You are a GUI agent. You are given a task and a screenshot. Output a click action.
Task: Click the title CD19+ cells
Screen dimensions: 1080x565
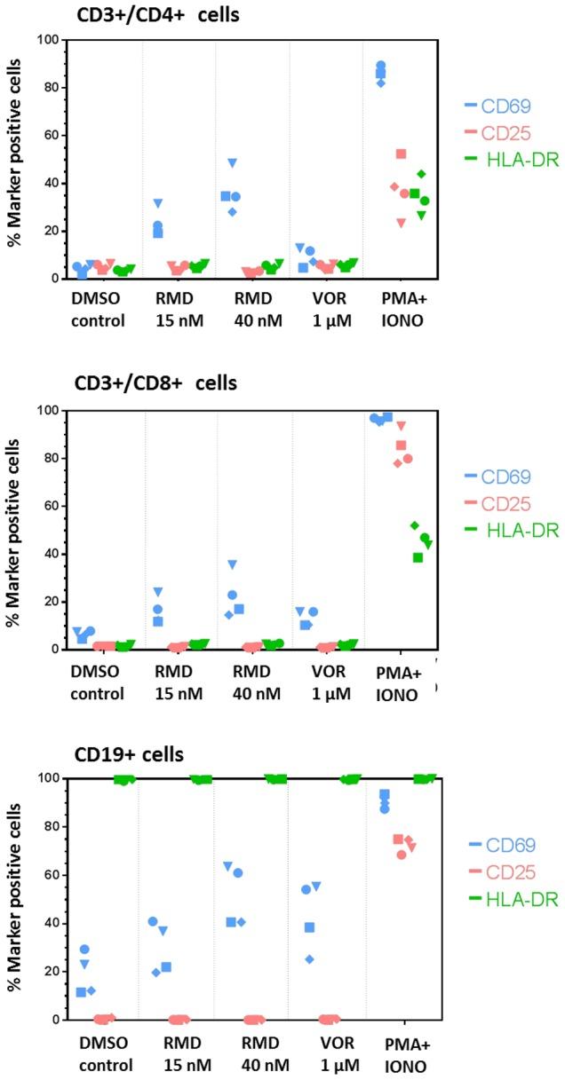tap(130, 755)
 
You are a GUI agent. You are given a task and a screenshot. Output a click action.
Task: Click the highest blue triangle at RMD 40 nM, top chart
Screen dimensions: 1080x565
tap(233, 163)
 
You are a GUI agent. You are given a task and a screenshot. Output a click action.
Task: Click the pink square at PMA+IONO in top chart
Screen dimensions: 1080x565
tap(401, 154)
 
